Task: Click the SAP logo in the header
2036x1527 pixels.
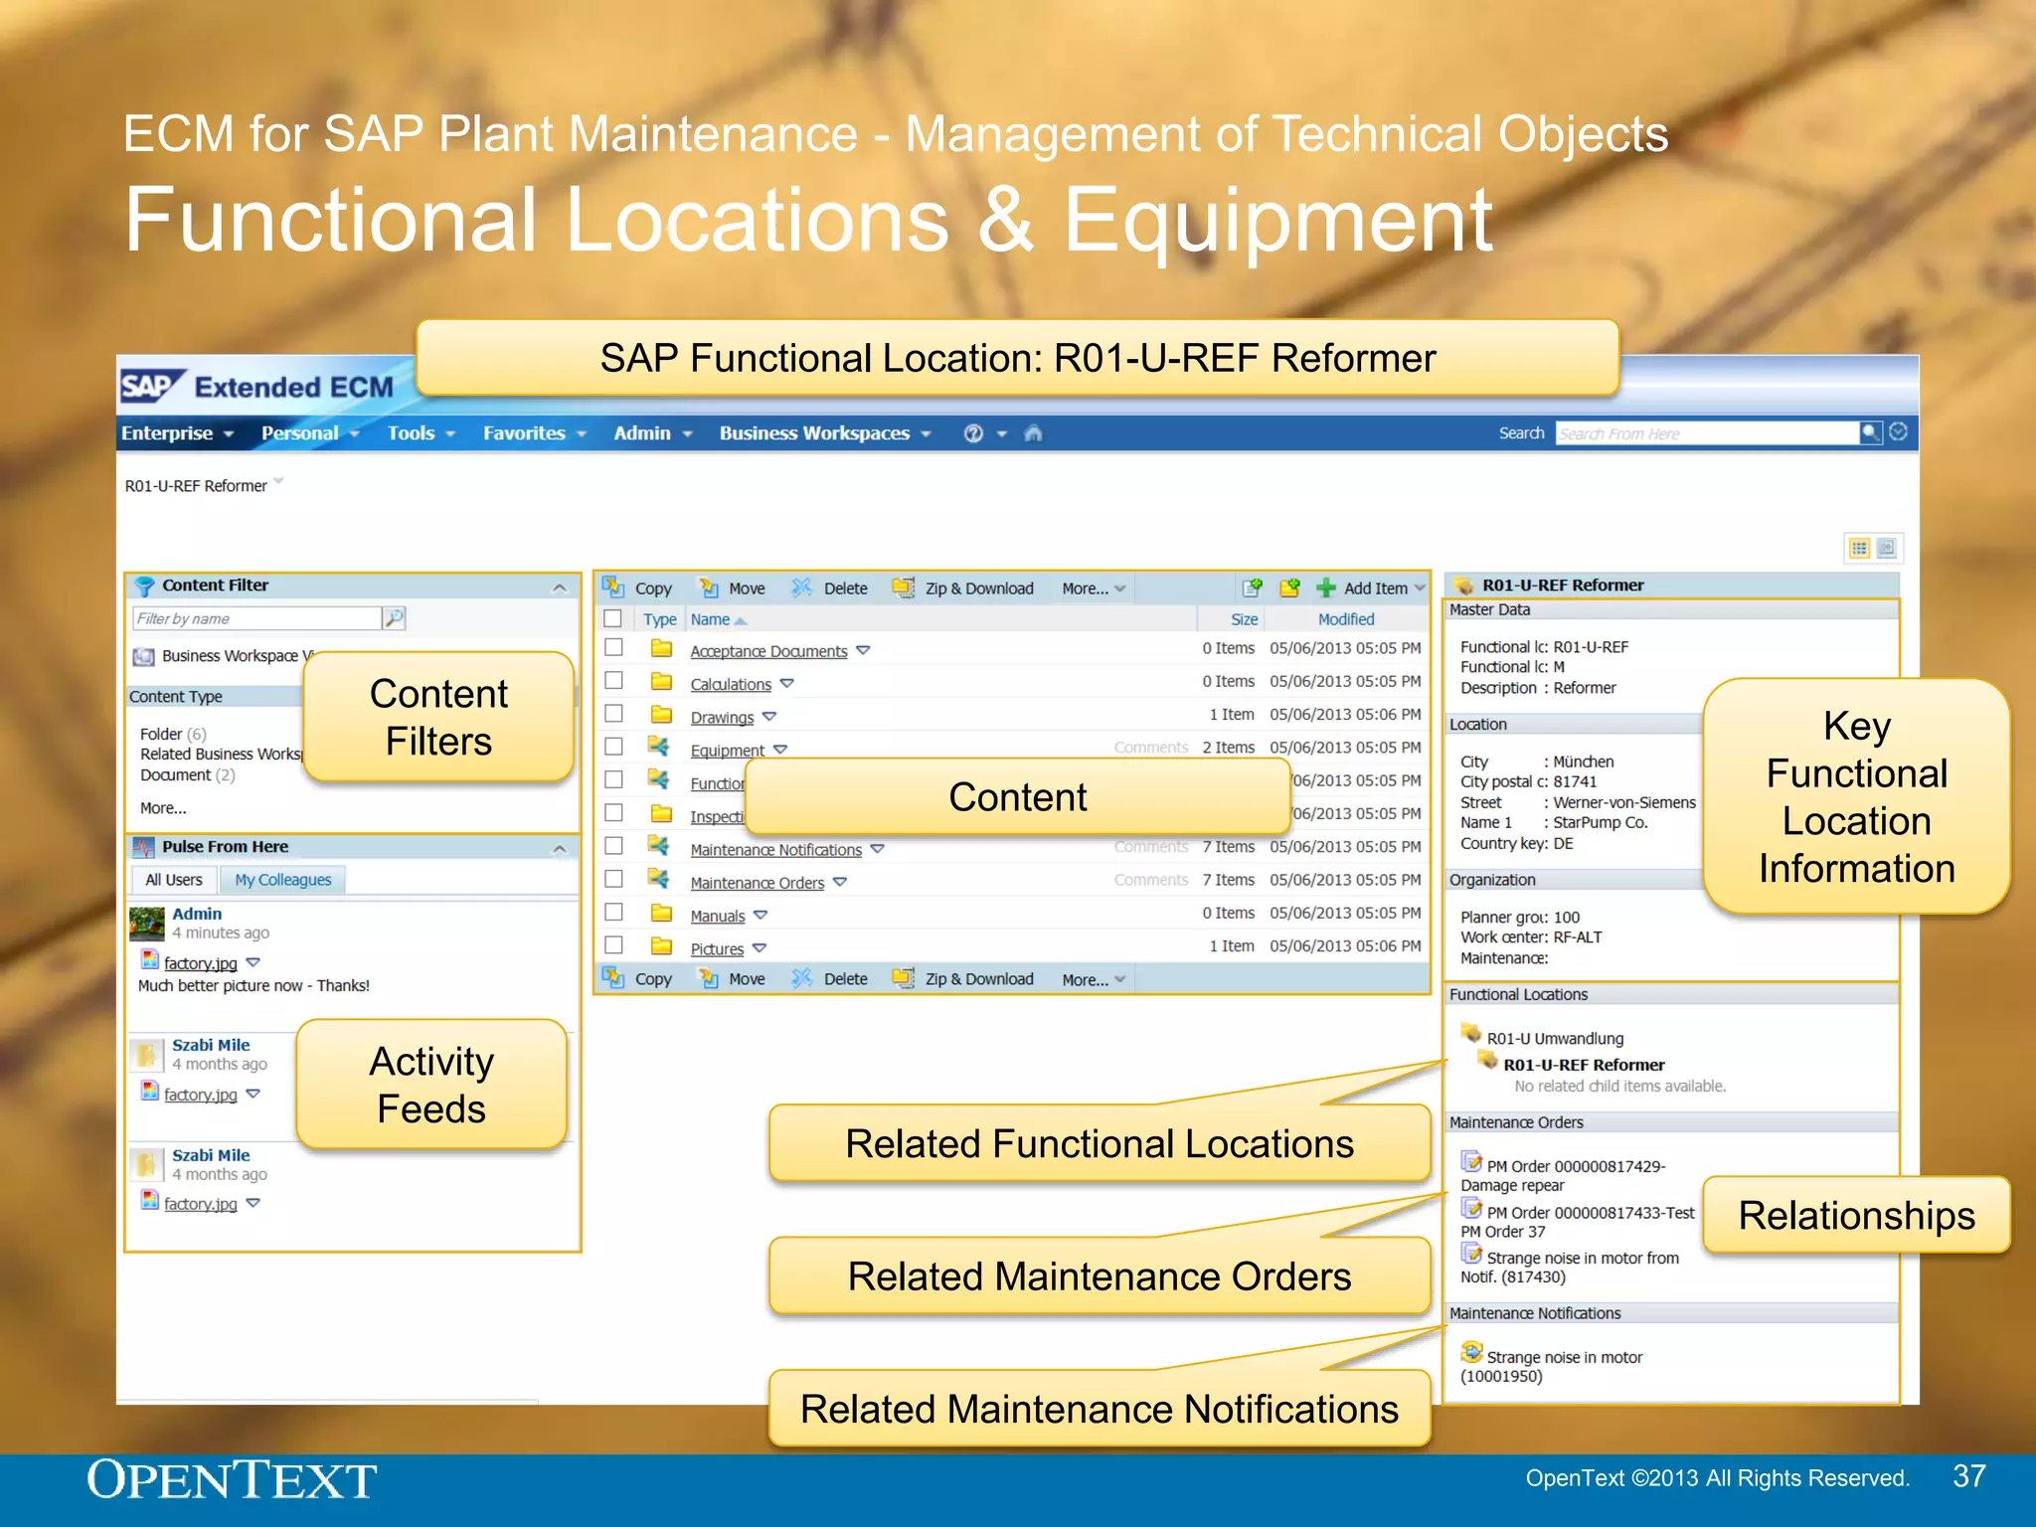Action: pyautogui.click(x=149, y=386)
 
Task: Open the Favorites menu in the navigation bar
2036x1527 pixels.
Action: pyautogui.click(x=524, y=433)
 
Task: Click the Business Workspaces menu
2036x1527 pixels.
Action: pyautogui.click(x=814, y=433)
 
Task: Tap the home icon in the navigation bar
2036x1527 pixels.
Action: pyautogui.click(x=1033, y=433)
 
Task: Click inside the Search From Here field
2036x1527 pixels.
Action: pyautogui.click(x=1705, y=433)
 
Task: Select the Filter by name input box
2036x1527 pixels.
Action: pyautogui.click(x=256, y=618)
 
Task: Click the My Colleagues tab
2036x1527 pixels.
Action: pyautogui.click(x=282, y=880)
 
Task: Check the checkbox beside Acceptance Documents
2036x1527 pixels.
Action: pyautogui.click(x=613, y=648)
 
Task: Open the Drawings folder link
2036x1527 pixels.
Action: pyautogui.click(x=722, y=717)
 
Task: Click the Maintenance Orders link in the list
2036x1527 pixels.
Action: pyautogui.click(x=757, y=883)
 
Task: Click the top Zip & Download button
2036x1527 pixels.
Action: pyautogui.click(x=978, y=589)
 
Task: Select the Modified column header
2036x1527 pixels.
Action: pyautogui.click(x=1345, y=619)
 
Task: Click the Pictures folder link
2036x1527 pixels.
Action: pyautogui.click(x=717, y=949)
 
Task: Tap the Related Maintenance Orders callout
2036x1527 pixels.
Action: pyautogui.click(x=1099, y=1276)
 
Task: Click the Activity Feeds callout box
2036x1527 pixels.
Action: pyautogui.click(x=431, y=1085)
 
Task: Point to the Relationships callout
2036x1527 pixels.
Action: pyautogui.click(x=1855, y=1215)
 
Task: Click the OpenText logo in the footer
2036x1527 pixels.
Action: pyautogui.click(x=232, y=1480)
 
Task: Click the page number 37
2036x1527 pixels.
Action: pyautogui.click(x=1968, y=1476)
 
